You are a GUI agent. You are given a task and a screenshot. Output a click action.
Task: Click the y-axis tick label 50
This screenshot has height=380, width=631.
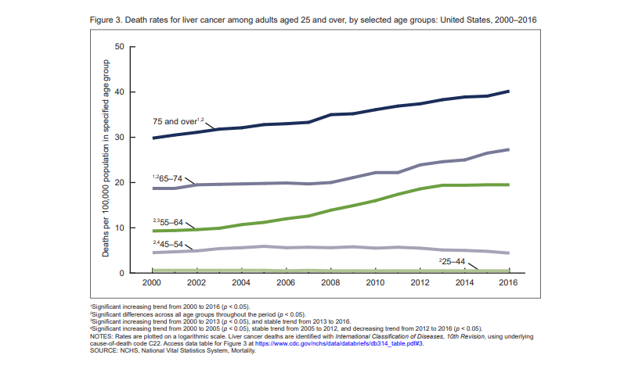[119, 47]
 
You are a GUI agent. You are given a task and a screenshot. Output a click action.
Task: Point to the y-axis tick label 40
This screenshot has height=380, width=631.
[119, 92]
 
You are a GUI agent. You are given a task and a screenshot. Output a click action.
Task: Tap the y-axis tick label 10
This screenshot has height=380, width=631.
[119, 228]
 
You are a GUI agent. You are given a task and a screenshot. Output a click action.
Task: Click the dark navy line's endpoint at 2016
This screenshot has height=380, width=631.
[509, 91]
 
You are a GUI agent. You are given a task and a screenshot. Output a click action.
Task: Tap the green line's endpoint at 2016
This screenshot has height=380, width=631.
[509, 185]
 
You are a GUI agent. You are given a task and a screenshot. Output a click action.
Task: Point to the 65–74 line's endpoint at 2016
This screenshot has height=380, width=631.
[509, 149]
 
